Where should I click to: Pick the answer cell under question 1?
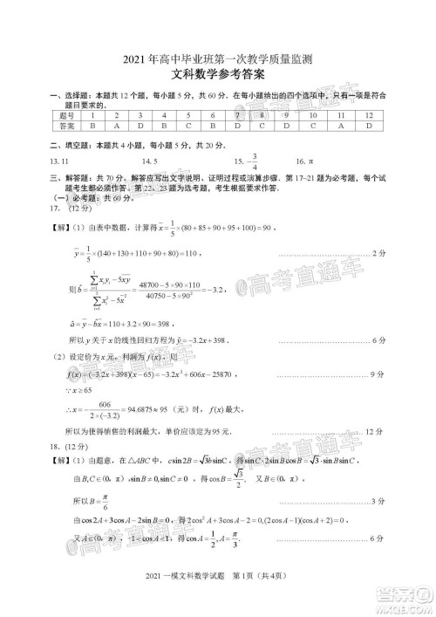point(91,127)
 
